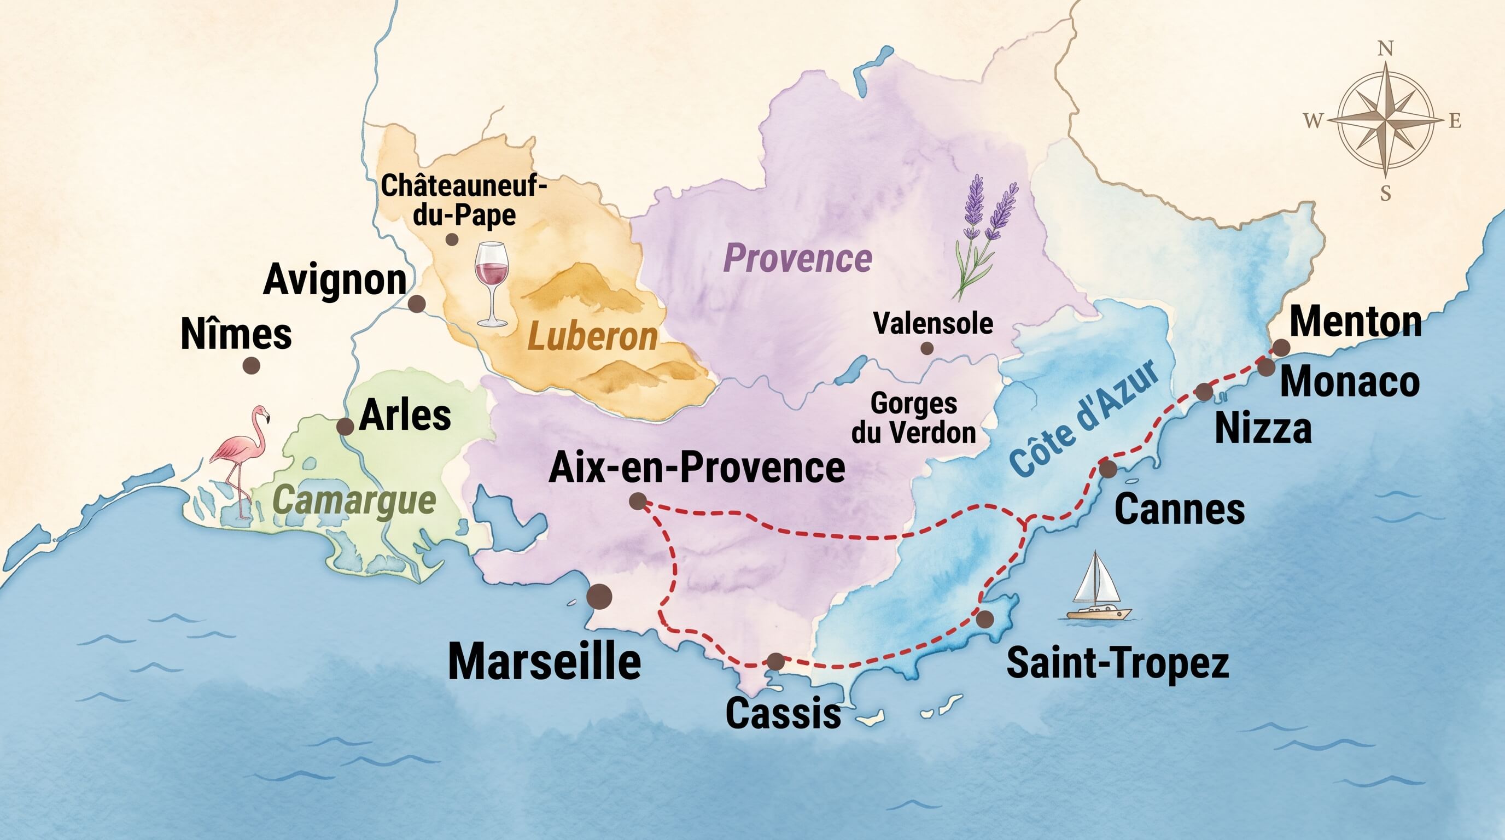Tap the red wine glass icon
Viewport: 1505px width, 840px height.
coord(491,283)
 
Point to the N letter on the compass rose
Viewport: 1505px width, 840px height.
coord(1385,49)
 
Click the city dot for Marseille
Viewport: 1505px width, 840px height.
coord(599,597)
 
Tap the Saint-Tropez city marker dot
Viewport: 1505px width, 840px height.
coord(985,619)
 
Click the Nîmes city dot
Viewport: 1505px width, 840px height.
coord(251,366)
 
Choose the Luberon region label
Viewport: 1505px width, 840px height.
coord(592,337)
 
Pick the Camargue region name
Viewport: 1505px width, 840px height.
coord(354,500)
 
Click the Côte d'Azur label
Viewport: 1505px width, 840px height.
coord(1084,419)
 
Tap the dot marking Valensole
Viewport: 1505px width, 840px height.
coord(926,349)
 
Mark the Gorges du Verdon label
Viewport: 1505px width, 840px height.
coord(913,418)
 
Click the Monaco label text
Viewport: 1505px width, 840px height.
coord(1350,383)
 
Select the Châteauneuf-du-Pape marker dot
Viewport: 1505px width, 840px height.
coord(452,239)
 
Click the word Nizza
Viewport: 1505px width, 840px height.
coord(1263,429)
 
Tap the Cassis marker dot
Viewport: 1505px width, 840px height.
coord(775,661)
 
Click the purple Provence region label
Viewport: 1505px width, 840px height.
coord(797,258)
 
